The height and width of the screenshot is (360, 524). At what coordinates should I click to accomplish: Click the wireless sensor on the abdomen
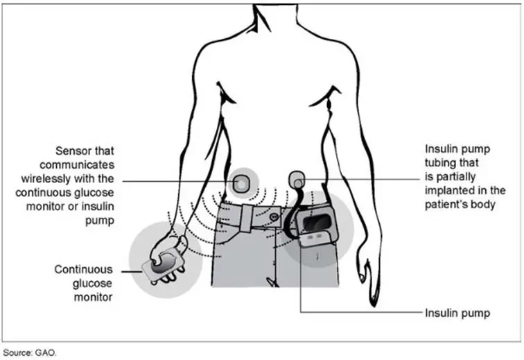(x=241, y=183)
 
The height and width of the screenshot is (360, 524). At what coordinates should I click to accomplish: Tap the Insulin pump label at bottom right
(x=457, y=314)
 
